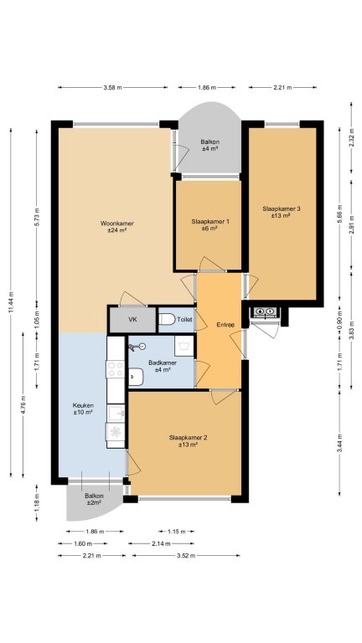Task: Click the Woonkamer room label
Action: tap(117, 227)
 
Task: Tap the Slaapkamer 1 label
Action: tap(209, 224)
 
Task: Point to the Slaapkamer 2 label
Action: tap(188, 441)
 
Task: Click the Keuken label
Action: tap(82, 409)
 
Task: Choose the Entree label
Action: tap(225, 325)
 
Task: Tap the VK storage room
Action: tap(132, 319)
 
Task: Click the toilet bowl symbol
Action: tap(167, 319)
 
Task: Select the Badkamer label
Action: tap(163, 366)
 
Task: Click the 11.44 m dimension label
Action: tap(11, 303)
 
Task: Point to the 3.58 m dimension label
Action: tap(112, 87)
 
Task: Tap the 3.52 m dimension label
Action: tap(185, 556)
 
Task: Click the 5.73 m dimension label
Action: tap(37, 216)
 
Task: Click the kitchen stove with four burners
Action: tap(116, 369)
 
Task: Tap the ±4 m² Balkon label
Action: tap(209, 146)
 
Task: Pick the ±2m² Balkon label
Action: tap(93, 499)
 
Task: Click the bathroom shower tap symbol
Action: tap(137, 347)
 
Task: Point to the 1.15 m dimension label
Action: tap(177, 532)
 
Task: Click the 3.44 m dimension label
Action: tap(339, 443)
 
